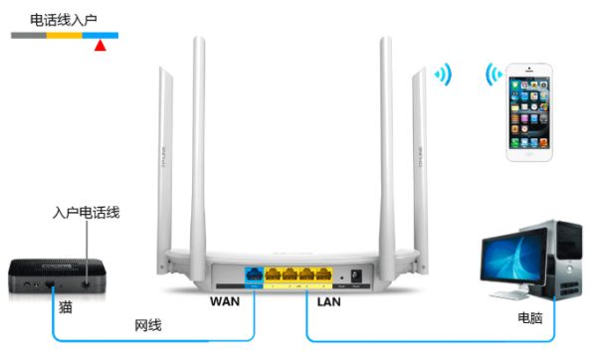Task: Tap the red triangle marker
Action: [99, 44]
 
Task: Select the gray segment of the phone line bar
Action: [29, 35]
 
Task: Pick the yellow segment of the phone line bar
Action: [65, 35]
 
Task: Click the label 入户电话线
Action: [87, 213]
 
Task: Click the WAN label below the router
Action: [226, 299]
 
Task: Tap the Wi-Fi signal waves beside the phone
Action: [493, 76]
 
